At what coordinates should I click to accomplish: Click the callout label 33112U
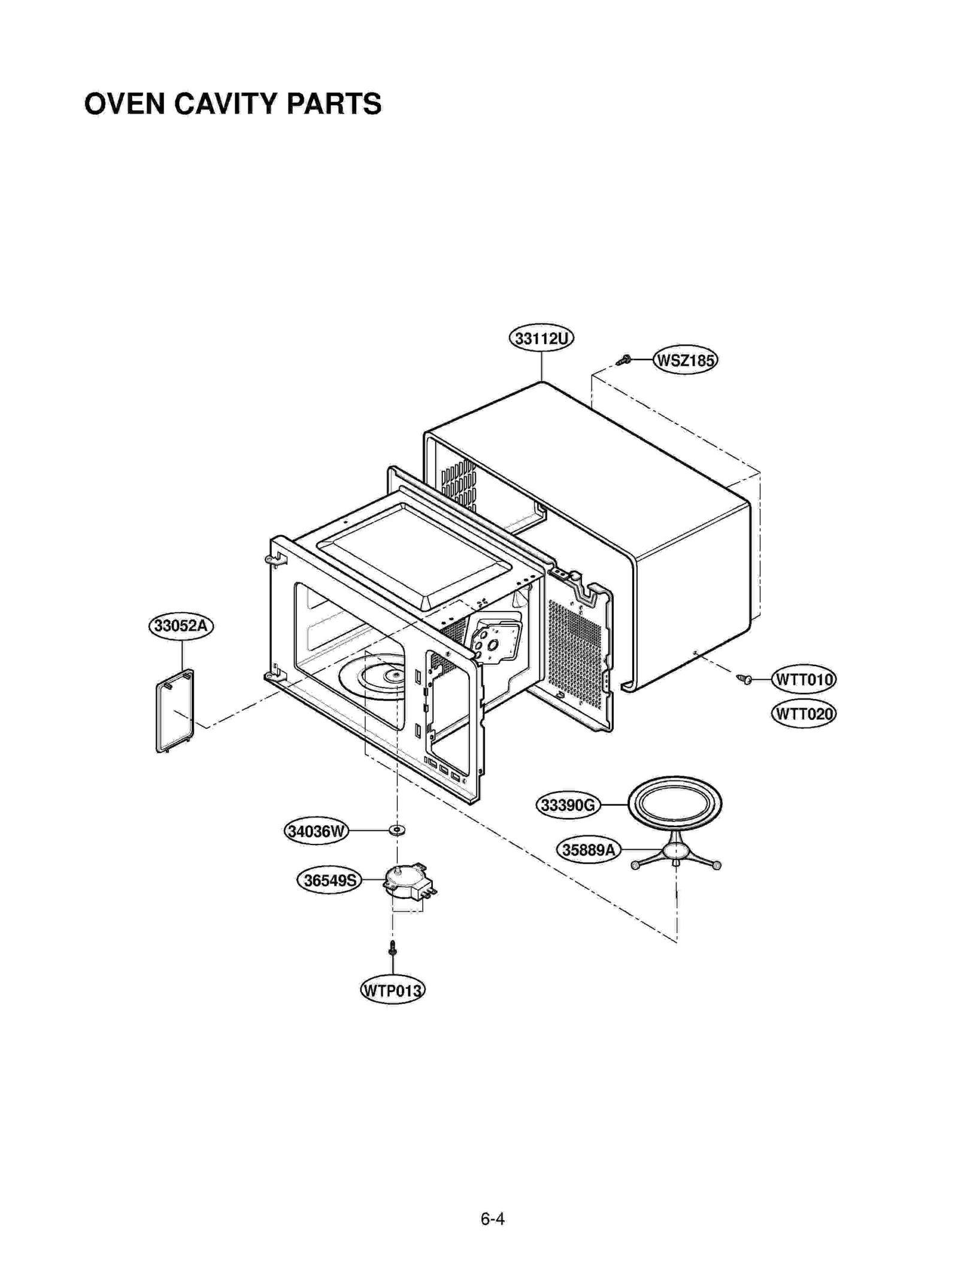[541, 339]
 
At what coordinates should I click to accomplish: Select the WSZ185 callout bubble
[685, 360]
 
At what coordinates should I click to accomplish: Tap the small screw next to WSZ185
[624, 360]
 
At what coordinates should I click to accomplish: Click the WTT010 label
[803, 679]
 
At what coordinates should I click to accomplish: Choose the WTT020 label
[803, 713]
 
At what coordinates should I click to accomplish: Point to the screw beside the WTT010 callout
[744, 679]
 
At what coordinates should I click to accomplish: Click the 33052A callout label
[181, 626]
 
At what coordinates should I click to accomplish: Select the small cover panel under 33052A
[175, 711]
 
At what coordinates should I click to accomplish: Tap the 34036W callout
[316, 831]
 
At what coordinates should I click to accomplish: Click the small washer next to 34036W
[396, 830]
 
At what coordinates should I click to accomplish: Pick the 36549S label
[329, 880]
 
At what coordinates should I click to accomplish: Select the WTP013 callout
[392, 990]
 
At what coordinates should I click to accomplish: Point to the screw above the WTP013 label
[392, 947]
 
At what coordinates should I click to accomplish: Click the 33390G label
[567, 805]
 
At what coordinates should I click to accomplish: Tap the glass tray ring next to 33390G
[675, 803]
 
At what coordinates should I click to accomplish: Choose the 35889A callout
[588, 849]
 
